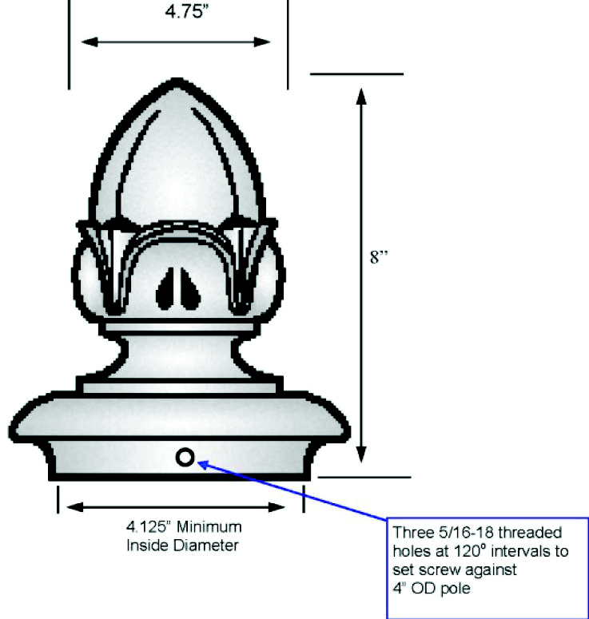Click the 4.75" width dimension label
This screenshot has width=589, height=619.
(x=178, y=14)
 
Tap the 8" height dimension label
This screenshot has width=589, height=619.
(x=378, y=260)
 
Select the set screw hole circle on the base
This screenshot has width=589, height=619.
(x=185, y=457)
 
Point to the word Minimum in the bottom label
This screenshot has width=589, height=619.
(x=210, y=528)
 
